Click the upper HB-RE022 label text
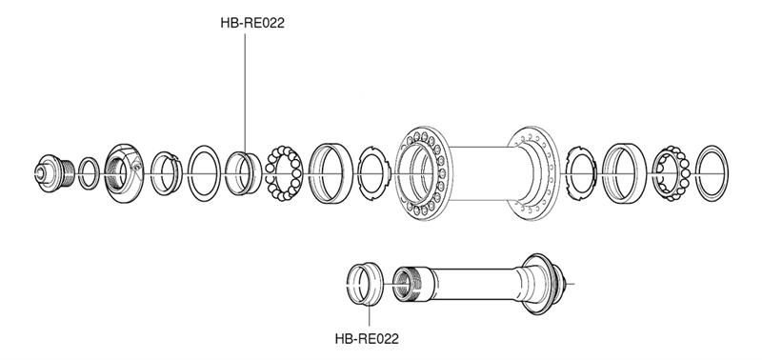252,23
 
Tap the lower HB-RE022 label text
367,339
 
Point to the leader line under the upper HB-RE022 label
245,93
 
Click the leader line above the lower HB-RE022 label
370,315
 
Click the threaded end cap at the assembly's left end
55,173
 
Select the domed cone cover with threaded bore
125,173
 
